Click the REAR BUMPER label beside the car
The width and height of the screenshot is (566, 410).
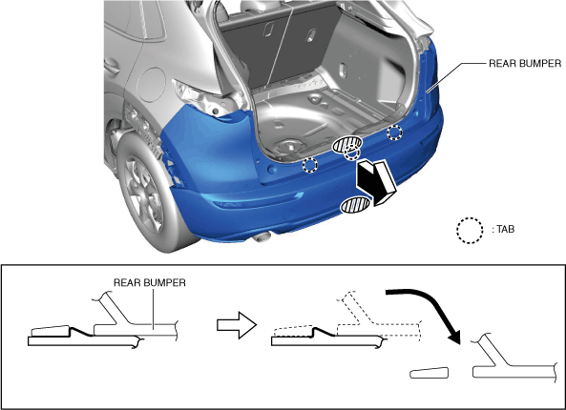525,64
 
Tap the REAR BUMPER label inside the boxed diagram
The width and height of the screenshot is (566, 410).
150,282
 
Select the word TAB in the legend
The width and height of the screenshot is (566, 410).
505,229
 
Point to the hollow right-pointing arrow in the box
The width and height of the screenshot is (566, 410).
237,325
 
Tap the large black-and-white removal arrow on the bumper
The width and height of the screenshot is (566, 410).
375,183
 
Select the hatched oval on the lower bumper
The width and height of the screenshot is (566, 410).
355,206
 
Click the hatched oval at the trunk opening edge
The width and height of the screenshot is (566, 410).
346,144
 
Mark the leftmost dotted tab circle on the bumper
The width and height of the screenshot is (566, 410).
309,165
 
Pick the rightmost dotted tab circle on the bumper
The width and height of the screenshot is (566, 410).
394,133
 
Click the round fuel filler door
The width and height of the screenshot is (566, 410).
151,85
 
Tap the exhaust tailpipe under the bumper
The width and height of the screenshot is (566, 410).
262,236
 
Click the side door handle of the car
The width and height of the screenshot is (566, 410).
112,66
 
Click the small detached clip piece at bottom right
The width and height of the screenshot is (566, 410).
430,373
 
